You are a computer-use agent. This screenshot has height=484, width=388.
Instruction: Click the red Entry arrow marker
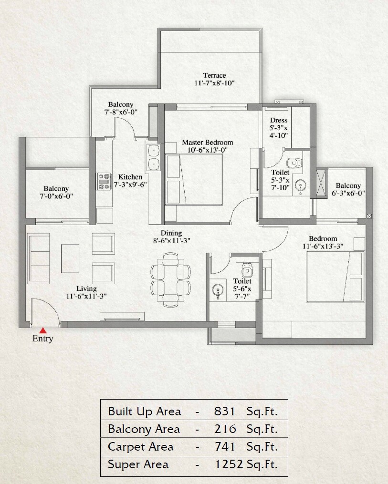(x=43, y=330)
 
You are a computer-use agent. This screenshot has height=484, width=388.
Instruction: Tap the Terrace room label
(x=214, y=75)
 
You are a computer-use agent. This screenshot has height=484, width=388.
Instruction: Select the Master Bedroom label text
(x=207, y=143)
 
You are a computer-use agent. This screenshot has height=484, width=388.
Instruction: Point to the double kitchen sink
(x=154, y=157)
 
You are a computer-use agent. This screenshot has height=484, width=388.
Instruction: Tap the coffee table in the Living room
(x=70, y=258)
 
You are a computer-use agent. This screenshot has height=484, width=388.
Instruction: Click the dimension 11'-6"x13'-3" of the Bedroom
(x=323, y=246)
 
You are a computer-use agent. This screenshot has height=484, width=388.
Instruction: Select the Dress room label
(x=278, y=121)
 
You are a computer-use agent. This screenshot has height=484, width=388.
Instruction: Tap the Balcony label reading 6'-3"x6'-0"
(x=348, y=193)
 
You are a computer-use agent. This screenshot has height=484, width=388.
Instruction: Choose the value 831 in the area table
(x=224, y=411)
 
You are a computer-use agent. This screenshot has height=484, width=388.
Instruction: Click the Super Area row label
(x=138, y=464)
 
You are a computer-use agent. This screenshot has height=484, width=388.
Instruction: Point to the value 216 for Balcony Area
(x=225, y=429)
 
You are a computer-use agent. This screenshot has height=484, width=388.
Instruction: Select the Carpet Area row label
(x=141, y=447)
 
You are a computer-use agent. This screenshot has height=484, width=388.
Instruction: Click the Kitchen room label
(x=130, y=177)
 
